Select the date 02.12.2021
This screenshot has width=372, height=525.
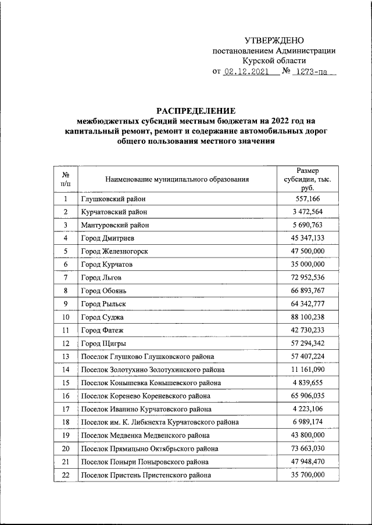[x=246, y=73]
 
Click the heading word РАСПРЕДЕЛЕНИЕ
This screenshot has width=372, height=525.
[x=195, y=110]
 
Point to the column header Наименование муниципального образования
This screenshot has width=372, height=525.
[x=177, y=179]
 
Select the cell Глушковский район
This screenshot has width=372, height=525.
[x=113, y=198]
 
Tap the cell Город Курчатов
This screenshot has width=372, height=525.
[x=107, y=265]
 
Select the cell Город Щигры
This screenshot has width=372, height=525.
[x=103, y=344]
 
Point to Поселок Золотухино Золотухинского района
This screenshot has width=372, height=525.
[x=153, y=370]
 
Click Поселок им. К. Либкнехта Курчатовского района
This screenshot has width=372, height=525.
[x=159, y=422]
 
